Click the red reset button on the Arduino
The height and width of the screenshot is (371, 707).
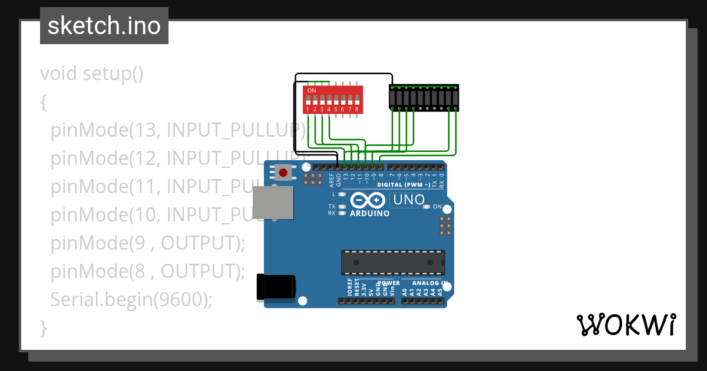(283, 173)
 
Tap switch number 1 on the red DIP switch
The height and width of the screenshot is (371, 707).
(308, 101)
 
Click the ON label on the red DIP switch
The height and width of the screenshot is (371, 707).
(312, 90)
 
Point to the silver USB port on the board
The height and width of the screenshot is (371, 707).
(272, 203)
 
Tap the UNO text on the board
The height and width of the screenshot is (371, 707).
(409, 200)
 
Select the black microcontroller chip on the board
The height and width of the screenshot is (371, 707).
(393, 262)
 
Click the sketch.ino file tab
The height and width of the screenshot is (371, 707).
(104, 26)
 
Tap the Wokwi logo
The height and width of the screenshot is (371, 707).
(626, 324)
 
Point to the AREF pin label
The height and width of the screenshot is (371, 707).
(331, 178)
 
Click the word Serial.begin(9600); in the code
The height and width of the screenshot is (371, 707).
(131, 299)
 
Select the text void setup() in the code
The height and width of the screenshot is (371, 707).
(92, 74)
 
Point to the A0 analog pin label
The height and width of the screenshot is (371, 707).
(405, 291)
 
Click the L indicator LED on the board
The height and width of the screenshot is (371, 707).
(342, 194)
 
